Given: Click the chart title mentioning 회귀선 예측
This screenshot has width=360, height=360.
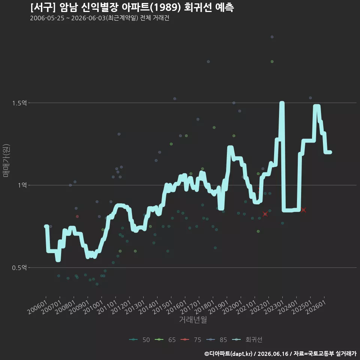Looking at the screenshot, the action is click(x=132, y=7).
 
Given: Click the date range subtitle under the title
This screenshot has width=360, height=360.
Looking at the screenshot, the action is click(x=100, y=18).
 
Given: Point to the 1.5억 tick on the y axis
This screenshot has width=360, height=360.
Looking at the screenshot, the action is click(x=19, y=103).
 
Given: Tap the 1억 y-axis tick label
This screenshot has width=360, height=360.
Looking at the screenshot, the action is click(x=22, y=185).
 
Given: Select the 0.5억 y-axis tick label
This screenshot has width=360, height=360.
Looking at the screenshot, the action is click(x=19, y=267).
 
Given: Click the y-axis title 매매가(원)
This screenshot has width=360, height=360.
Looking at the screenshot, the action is click(x=6, y=161).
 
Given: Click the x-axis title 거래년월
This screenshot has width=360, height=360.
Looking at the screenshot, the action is click(x=193, y=319).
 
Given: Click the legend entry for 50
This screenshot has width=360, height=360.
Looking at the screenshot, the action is click(x=139, y=340).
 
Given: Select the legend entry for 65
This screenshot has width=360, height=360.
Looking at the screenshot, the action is click(x=165, y=340).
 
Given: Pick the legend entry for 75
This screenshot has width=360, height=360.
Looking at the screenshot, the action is click(x=191, y=340).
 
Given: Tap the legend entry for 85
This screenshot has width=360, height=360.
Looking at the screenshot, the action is click(x=216, y=340).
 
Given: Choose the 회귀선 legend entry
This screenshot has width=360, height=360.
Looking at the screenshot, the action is click(x=247, y=340).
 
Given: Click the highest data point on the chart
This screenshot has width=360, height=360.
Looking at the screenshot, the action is click(x=272, y=37).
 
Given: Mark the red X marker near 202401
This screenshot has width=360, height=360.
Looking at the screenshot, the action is click(x=303, y=210).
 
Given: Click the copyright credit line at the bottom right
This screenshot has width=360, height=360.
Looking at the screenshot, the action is click(x=280, y=354).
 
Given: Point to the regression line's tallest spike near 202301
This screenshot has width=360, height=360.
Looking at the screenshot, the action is click(x=282, y=103).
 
